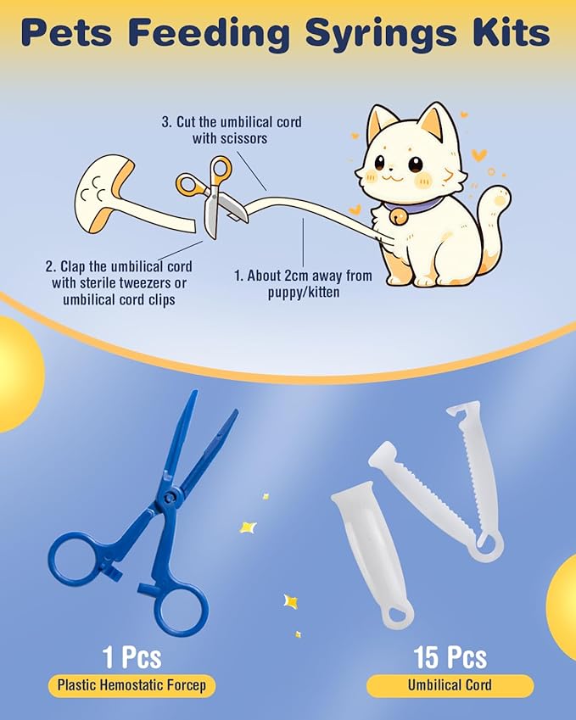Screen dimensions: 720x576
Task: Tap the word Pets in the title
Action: tap(75, 33)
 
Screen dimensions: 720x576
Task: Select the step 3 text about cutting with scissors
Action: tap(231, 130)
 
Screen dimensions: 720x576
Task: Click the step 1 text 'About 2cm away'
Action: tap(302, 282)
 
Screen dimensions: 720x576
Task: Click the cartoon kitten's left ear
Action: tap(382, 123)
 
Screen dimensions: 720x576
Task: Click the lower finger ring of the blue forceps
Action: tap(181, 606)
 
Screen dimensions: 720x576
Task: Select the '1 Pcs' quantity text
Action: tap(131, 657)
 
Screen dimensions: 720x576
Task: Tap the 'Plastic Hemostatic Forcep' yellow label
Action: tap(131, 686)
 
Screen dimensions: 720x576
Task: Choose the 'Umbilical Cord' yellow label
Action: tap(450, 686)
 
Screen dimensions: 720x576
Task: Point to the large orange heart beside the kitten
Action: tap(479, 155)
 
